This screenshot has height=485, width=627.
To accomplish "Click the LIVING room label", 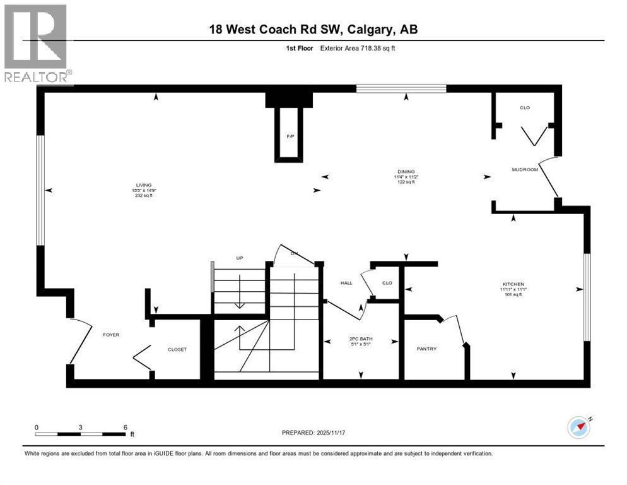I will point(143,185).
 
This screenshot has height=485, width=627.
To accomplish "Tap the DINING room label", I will point(406,171).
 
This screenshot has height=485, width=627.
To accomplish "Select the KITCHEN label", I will point(513,284).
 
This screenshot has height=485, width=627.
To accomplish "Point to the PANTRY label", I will point(426,349).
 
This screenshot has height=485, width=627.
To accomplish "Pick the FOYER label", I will point(111,335).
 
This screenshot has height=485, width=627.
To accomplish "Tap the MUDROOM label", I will point(524,169).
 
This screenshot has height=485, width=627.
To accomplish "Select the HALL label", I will point(346,284).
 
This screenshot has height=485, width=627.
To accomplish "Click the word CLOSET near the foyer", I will point(177,349).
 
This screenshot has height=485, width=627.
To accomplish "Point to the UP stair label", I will point(239,258).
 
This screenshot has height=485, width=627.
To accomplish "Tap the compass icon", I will point(578,427).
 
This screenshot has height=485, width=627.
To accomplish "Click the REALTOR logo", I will point(36,44).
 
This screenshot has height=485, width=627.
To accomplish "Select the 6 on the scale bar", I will point(125,427).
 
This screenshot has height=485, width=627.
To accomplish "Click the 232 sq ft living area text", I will point(143,196).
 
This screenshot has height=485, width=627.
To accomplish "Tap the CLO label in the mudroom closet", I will point(524,108).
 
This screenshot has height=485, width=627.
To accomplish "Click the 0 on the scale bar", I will point(37,427).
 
